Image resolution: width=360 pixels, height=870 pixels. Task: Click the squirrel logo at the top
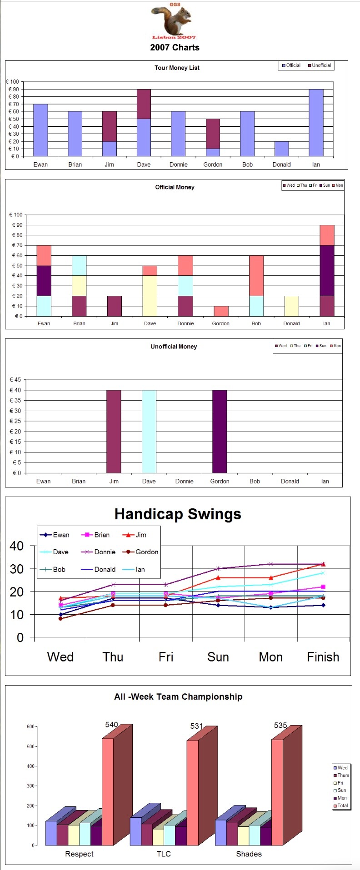[174, 20]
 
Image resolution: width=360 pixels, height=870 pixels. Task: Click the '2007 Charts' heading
[175, 47]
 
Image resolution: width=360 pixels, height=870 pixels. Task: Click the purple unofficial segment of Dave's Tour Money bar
[144, 104]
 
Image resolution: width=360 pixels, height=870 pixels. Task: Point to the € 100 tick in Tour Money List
[13, 82]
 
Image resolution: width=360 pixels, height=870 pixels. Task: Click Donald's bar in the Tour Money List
[281, 149]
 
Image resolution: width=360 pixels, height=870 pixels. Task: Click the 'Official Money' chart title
[175, 187]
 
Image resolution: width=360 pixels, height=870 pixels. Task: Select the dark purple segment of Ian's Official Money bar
[327, 270]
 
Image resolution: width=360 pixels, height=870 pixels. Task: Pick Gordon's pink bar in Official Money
[221, 311]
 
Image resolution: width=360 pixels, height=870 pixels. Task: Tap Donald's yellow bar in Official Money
[291, 306]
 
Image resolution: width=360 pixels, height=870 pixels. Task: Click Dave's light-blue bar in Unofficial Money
[149, 431]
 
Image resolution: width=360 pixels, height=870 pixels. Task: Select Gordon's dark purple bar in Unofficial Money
[220, 431]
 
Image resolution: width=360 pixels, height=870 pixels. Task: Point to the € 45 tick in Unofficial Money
[15, 380]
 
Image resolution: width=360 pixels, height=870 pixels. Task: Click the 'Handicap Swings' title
[178, 514]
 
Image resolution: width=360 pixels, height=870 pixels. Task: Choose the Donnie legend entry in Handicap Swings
[100, 552]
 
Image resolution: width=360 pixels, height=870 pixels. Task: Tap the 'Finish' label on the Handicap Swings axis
[323, 657]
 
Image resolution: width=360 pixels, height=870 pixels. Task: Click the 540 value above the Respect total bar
[111, 725]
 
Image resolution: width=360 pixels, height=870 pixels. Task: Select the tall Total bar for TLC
[193, 793]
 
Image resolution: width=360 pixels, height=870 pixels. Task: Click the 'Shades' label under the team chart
[249, 854]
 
